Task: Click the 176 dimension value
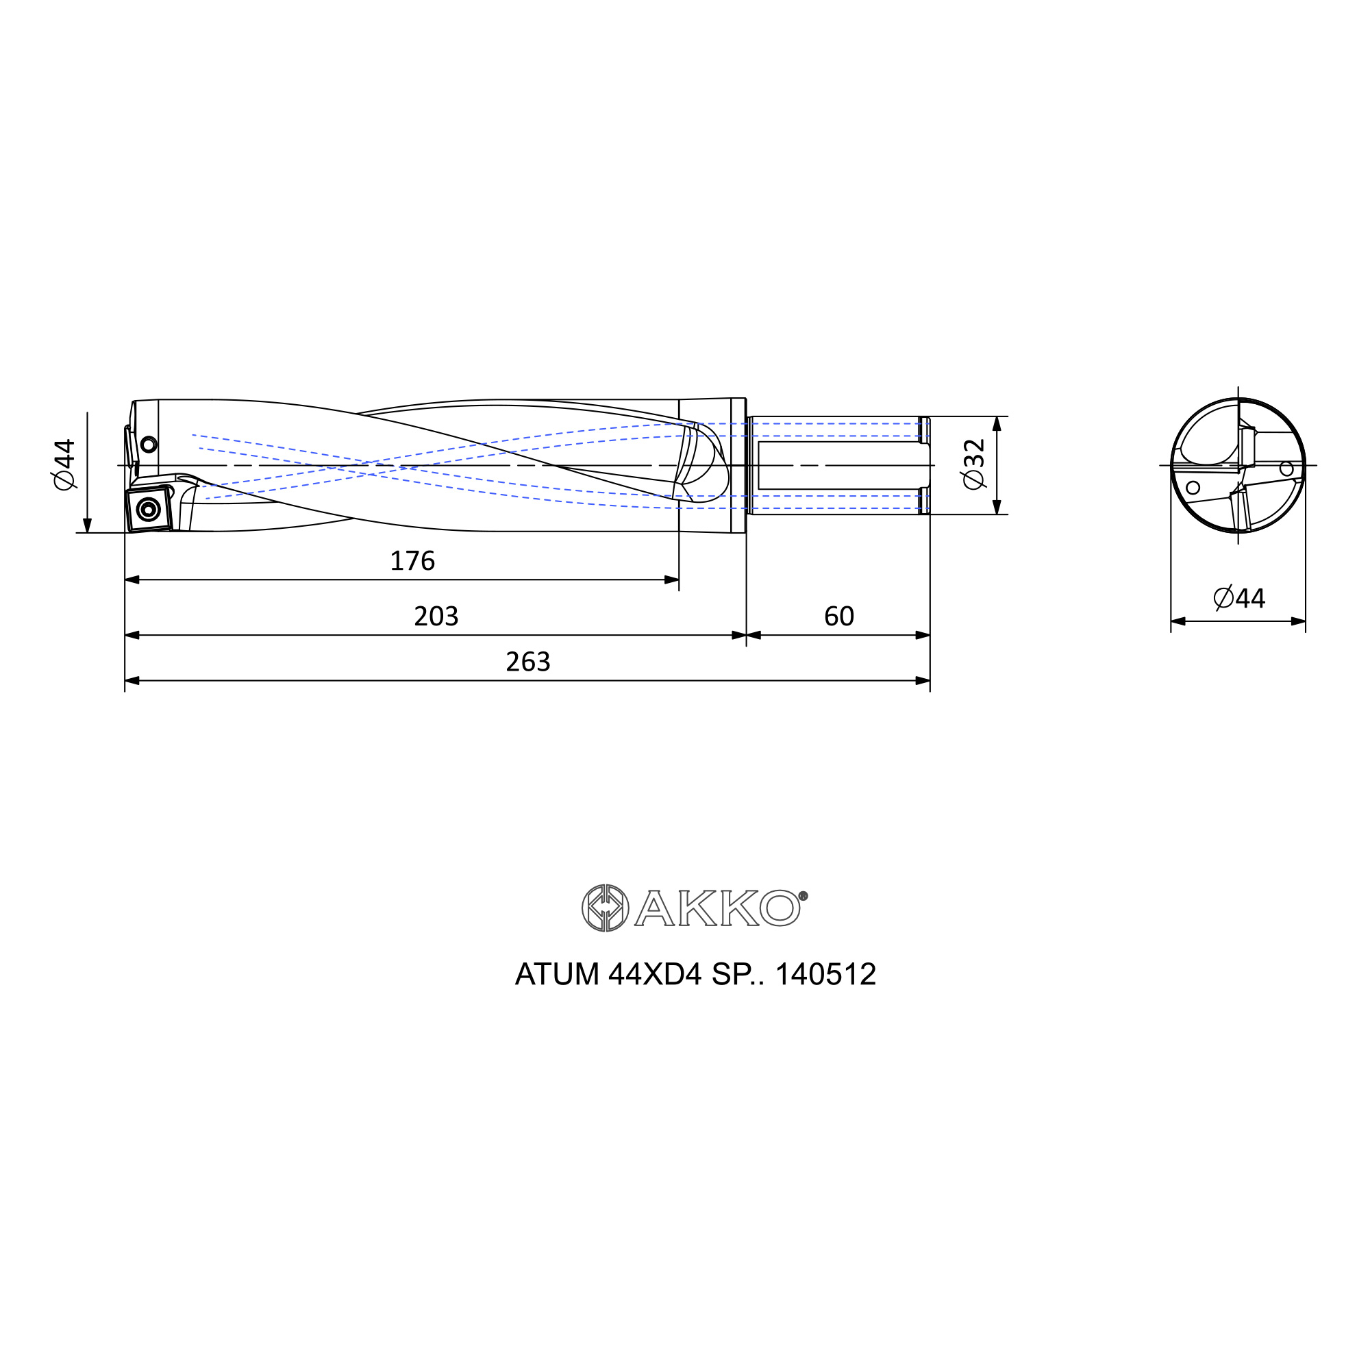[x=412, y=561]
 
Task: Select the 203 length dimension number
[x=436, y=616]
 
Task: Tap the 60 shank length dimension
[x=839, y=616]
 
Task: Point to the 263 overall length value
[x=528, y=662]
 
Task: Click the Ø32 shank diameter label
[x=975, y=464]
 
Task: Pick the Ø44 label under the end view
[x=1238, y=599]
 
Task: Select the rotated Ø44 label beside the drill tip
[x=64, y=464]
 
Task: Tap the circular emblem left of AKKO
[x=605, y=908]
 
